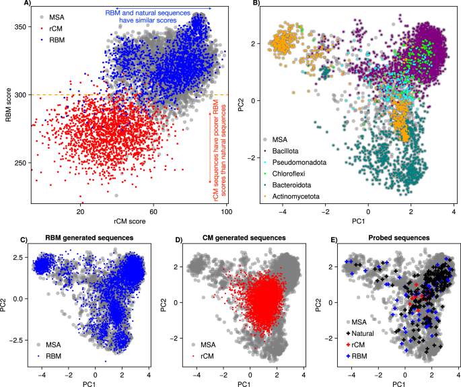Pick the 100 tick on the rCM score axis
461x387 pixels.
point(226,213)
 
